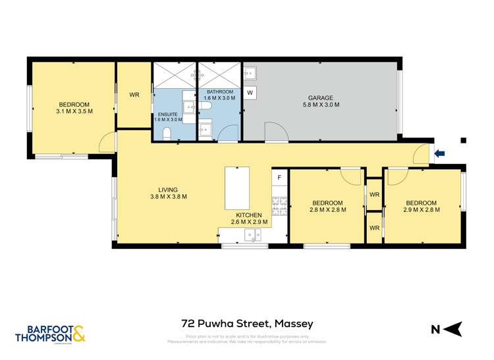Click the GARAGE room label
pos(321,98)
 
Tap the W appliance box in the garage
pos(250,93)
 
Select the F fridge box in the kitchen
pos(279,178)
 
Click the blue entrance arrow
pos(440,153)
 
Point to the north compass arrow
pos(451,327)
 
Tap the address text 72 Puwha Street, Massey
pos(247,323)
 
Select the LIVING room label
pos(168,190)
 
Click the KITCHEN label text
pos(250,215)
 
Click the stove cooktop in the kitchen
pos(279,207)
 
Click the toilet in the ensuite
pos(167,134)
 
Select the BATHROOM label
pos(219,91)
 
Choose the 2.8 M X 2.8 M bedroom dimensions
pos(327,210)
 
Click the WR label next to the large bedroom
pos(134,95)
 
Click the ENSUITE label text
pos(166,115)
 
